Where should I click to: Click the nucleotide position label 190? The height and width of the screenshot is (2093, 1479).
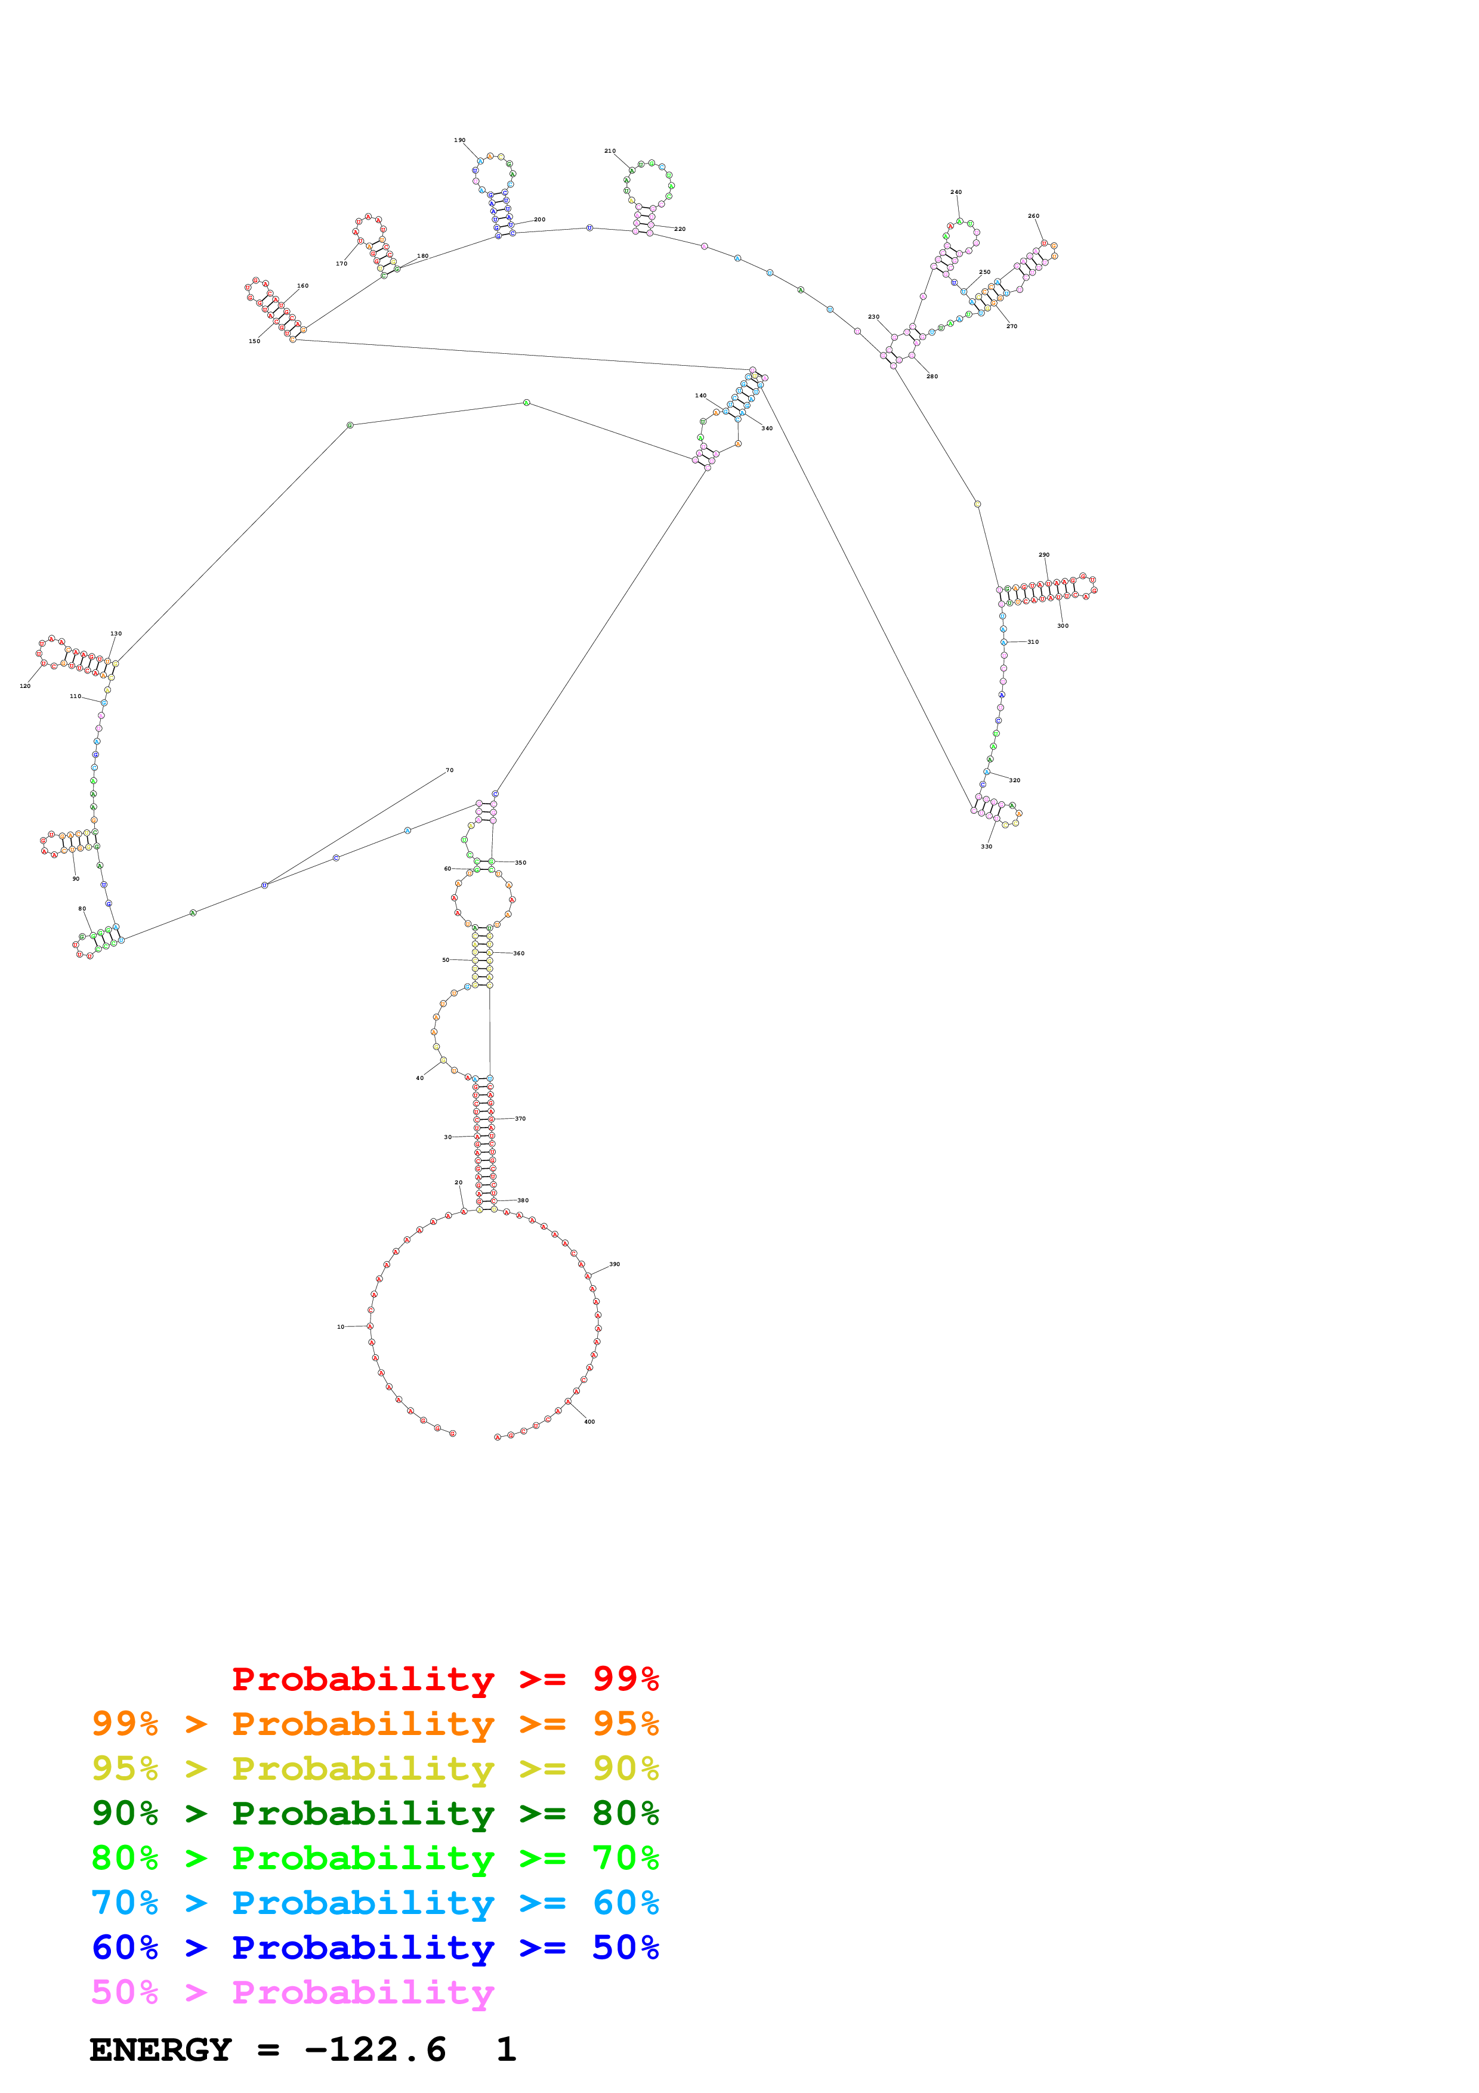point(459,140)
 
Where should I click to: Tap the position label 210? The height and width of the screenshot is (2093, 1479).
point(610,150)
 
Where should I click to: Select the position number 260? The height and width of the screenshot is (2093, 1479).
point(1033,216)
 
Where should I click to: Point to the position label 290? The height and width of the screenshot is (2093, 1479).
point(1043,554)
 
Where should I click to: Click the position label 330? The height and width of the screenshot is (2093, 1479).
point(986,846)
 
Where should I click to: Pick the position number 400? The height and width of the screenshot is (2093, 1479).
point(589,1421)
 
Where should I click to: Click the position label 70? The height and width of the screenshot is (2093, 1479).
point(449,770)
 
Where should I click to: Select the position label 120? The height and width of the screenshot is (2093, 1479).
point(24,686)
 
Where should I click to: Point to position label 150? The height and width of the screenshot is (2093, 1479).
point(254,341)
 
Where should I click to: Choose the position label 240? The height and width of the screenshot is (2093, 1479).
point(955,192)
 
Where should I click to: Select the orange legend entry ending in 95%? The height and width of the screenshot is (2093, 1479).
point(375,1724)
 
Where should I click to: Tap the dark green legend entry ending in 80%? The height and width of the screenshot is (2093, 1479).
point(375,1813)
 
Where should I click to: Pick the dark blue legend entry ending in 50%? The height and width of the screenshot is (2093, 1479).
point(375,1947)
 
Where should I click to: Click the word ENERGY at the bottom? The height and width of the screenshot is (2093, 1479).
point(160,2050)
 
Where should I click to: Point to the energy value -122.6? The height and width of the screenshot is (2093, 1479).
point(375,2050)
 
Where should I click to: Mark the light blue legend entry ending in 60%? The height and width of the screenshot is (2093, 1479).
point(375,1903)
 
